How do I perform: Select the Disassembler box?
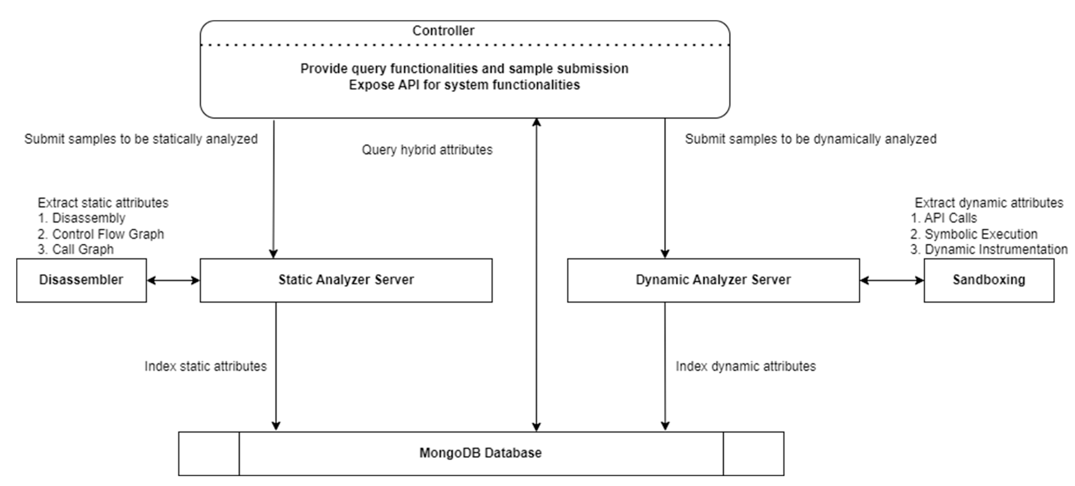[81, 280]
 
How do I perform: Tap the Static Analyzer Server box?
[346, 280]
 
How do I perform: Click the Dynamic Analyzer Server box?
[713, 280]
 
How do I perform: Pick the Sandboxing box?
[989, 280]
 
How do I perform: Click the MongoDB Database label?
[480, 453]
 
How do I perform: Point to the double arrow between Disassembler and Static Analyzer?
[173, 280]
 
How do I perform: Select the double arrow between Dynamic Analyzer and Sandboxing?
[892, 280]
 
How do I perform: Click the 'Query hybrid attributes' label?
[427, 150]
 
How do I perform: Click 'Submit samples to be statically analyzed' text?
[141, 139]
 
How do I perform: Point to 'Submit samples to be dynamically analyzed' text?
[810, 139]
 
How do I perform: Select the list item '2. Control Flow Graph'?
[101, 234]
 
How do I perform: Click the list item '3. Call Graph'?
[76, 250]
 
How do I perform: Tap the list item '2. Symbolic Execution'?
[974, 234]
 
